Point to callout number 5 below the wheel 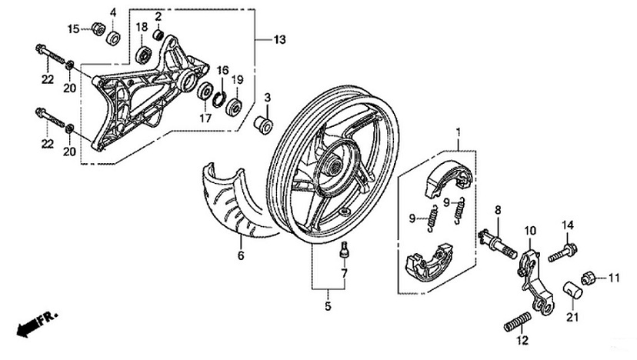(327, 307)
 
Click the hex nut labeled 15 (98, 29)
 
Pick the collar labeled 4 (114, 36)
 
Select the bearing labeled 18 (144, 54)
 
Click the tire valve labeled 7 (344, 250)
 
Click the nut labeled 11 (586, 277)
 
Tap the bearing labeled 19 (233, 105)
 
